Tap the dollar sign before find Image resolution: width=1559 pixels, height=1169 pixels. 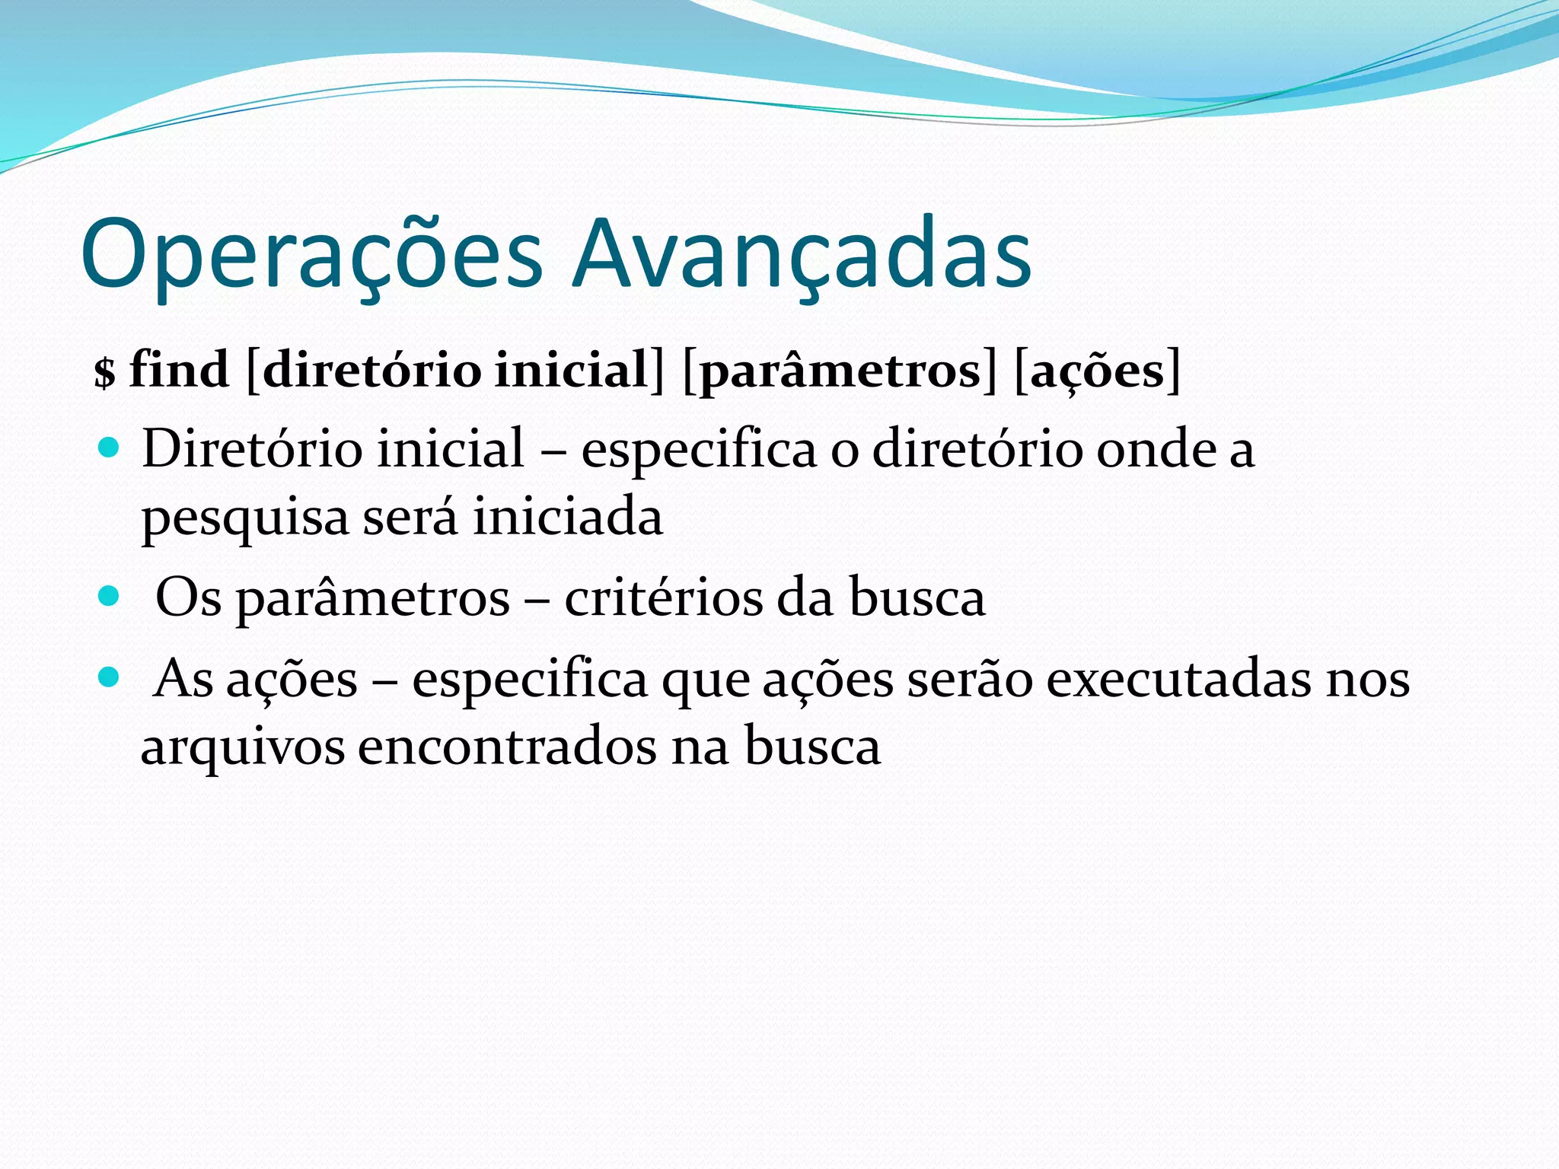104,372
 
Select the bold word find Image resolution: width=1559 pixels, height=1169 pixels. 179,370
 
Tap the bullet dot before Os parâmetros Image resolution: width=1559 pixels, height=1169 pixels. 110,595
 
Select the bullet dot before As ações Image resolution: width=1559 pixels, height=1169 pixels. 110,676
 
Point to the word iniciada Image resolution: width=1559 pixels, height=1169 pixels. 568,516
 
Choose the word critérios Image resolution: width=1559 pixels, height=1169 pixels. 662,597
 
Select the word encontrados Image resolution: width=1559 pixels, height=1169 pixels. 507,746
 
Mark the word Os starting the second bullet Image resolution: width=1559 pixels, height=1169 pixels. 188,597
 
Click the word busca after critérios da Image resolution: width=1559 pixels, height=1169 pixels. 917,597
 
